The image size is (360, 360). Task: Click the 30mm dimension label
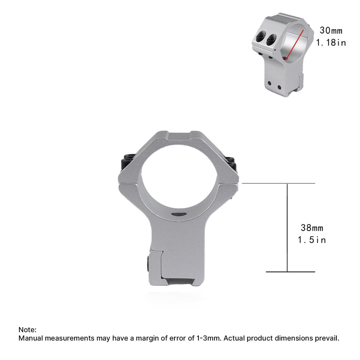331,30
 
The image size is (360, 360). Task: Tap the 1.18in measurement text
331,42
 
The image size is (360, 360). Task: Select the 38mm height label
312,228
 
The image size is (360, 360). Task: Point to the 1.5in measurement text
312,240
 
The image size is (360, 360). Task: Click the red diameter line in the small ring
295,45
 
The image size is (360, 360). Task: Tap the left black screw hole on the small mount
261,37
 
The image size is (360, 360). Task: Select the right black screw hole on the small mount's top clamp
271,39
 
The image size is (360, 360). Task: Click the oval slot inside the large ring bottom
179,214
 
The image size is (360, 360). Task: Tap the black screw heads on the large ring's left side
127,163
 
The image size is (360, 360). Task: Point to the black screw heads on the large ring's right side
231,163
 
